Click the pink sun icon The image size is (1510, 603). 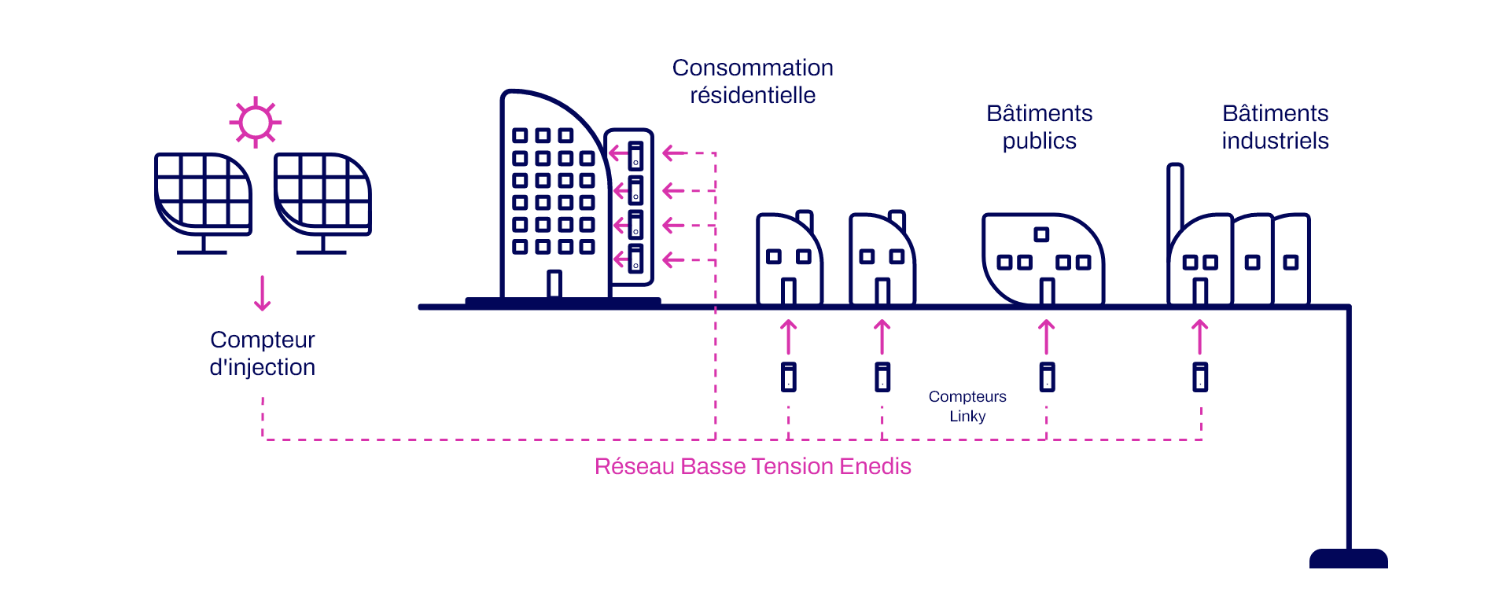pos(256,123)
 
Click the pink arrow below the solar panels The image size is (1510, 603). pos(263,293)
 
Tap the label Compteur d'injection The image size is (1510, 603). pos(263,353)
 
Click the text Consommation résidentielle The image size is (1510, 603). pos(753,81)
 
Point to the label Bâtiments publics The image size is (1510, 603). pos(1040,127)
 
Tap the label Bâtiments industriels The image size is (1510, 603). pos(1275,127)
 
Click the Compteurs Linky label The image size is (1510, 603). pos(967,406)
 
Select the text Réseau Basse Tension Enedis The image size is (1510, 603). pos(753,466)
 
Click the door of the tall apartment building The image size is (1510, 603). pos(554,284)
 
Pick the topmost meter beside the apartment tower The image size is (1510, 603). pos(635,156)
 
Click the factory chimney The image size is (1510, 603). pos(1175,197)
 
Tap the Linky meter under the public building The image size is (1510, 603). pos(1047,377)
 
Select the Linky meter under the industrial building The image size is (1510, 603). pos(1200,377)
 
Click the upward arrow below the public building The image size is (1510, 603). pos(1046,336)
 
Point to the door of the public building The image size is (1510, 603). pos(1047,292)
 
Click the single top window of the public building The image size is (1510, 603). pos(1041,234)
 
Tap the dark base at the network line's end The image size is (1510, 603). pos(1349,558)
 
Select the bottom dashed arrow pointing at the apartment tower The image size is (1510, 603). pos(689,259)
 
